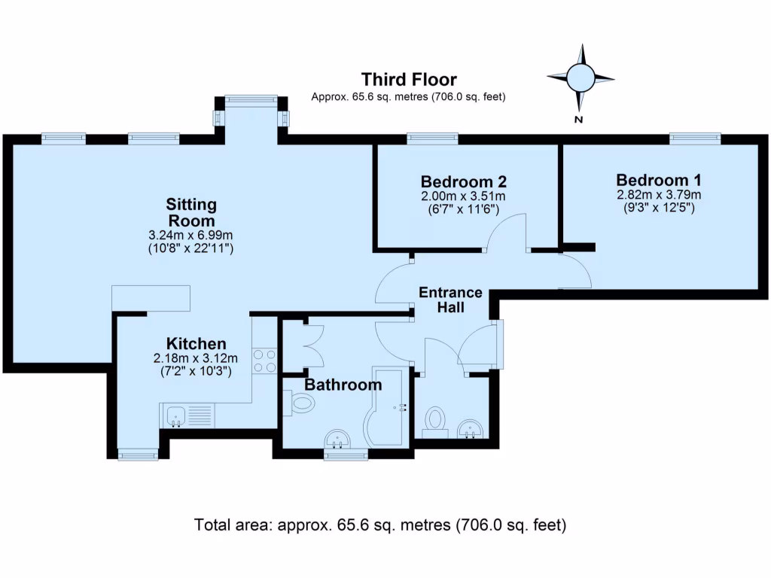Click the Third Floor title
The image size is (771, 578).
(x=409, y=80)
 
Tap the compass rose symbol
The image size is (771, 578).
(x=581, y=78)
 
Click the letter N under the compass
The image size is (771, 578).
(x=579, y=120)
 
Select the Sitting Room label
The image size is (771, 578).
(x=191, y=212)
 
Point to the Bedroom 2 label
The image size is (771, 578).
(x=463, y=182)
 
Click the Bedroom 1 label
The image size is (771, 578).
(x=658, y=180)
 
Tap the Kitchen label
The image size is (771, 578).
(x=197, y=343)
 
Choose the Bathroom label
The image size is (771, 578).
(x=343, y=385)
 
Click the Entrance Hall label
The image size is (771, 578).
(x=450, y=300)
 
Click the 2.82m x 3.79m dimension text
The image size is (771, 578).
(x=659, y=195)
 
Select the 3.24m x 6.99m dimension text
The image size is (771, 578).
(x=190, y=235)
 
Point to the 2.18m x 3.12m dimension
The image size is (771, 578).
(x=196, y=358)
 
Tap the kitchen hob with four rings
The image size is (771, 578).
(x=264, y=360)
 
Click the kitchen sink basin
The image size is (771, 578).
(x=175, y=415)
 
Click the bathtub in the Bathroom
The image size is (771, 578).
(x=386, y=406)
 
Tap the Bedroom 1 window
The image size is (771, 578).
(x=695, y=138)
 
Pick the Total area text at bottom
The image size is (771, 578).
(x=380, y=525)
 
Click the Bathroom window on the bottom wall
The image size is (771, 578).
(x=346, y=454)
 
